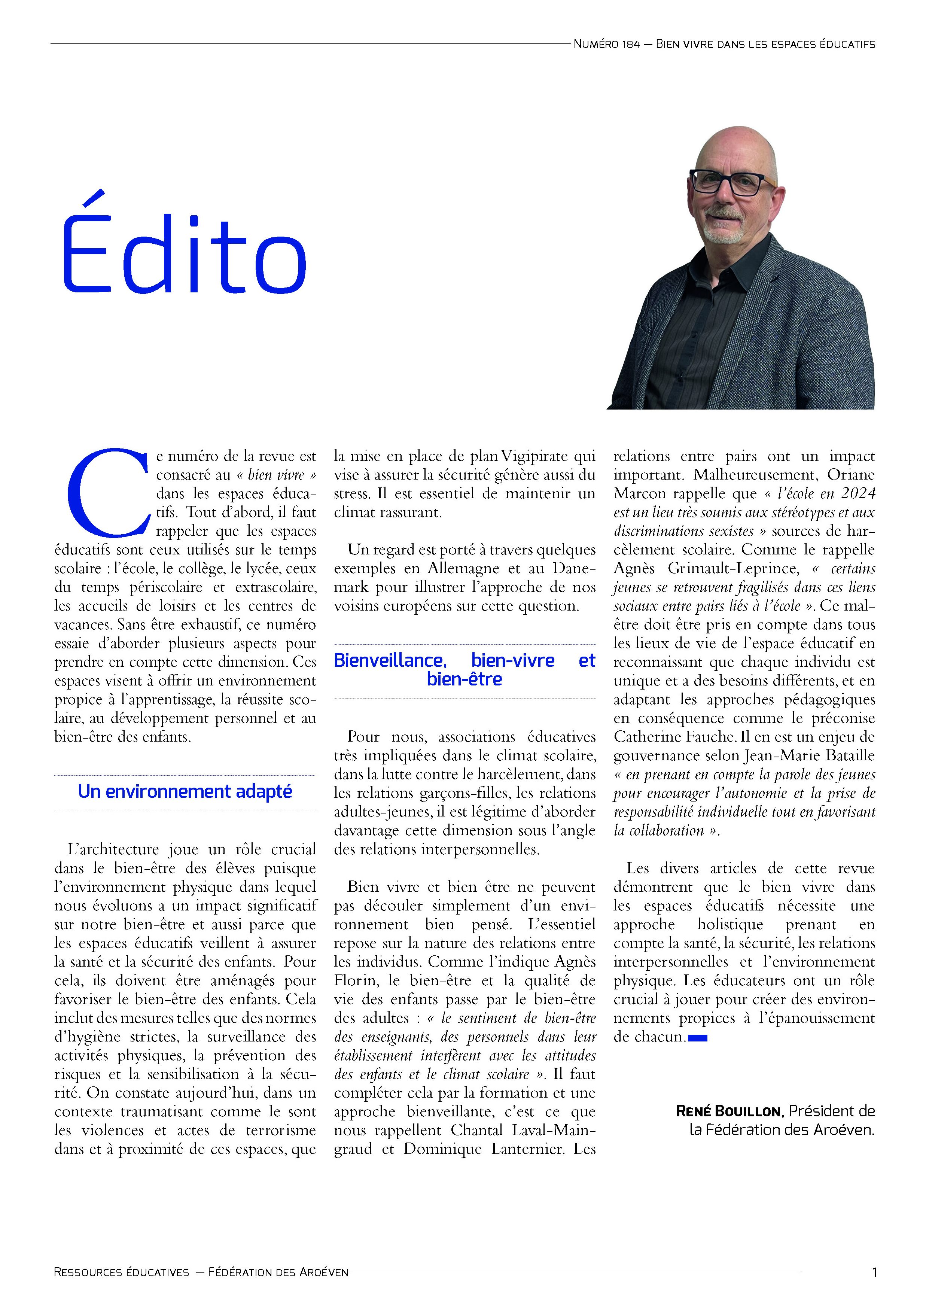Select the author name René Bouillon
[x=728, y=1111]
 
